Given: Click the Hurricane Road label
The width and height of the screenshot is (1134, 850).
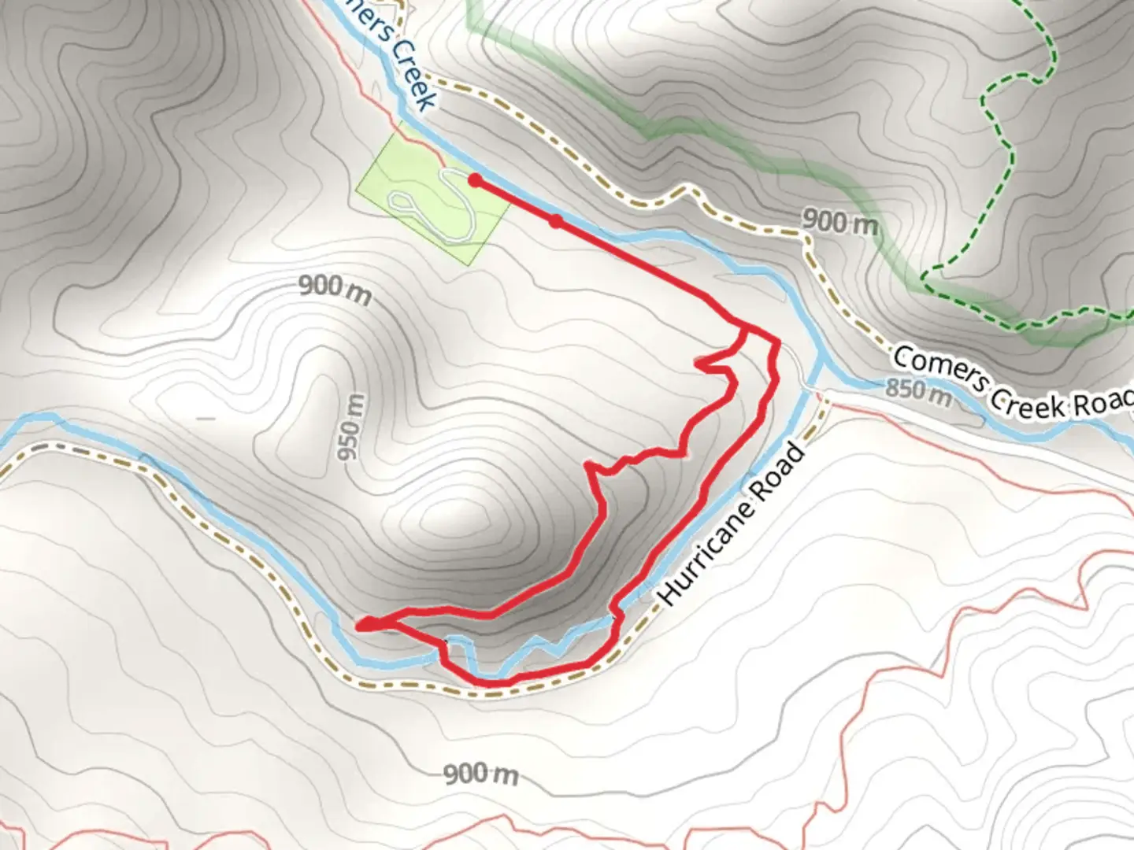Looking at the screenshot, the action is point(732,525).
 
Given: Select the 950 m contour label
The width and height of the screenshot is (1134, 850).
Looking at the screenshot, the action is point(352,427).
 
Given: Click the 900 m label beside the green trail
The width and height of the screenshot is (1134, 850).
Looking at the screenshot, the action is point(839,223).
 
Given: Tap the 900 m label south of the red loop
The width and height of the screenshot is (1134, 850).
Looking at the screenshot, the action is point(481,774).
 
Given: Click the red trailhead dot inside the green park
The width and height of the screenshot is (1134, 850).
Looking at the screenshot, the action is point(475,180).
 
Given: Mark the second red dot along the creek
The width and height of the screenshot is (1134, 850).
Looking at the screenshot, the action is point(556,222).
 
